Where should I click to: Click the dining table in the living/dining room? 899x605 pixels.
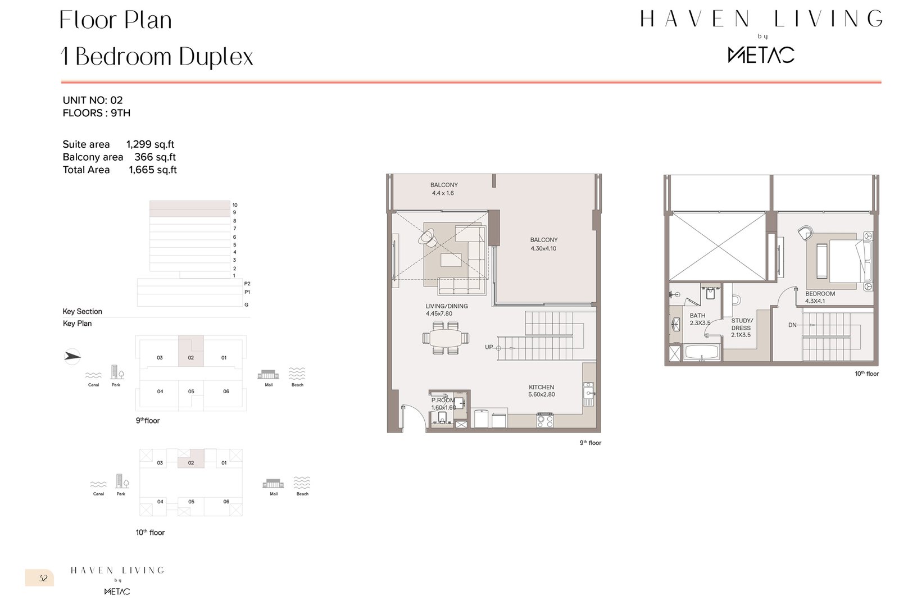click(x=446, y=338)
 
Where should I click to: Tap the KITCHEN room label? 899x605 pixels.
click(x=541, y=387)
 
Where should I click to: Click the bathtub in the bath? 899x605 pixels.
click(x=701, y=354)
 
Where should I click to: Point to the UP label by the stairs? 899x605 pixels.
click(x=489, y=347)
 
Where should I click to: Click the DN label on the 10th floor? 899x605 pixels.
click(x=792, y=325)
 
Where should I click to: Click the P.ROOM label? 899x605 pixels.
click(x=443, y=401)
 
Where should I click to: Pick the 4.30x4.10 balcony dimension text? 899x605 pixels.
click(x=543, y=248)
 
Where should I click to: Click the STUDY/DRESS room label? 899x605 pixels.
click(x=741, y=324)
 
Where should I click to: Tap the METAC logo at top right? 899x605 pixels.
click(x=761, y=54)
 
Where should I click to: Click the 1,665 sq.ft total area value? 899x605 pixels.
click(x=152, y=170)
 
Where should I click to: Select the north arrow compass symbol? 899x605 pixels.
click(x=72, y=356)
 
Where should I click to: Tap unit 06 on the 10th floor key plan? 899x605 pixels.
click(x=226, y=501)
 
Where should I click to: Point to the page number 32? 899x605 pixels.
click(x=43, y=578)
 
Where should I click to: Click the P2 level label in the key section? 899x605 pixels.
click(x=247, y=284)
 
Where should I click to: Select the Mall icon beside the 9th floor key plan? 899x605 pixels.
click(x=269, y=374)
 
